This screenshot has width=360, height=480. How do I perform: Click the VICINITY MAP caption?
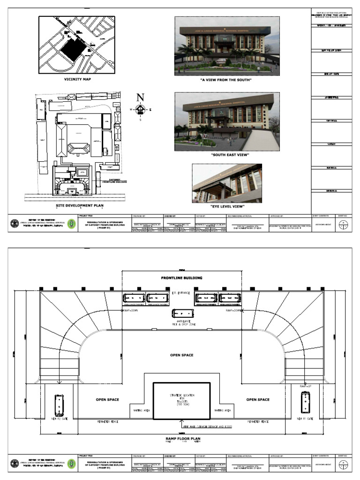77,79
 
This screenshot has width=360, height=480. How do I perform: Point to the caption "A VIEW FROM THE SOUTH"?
226,80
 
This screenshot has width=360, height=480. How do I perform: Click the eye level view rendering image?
227,183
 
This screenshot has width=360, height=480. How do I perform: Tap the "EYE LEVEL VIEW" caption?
227,206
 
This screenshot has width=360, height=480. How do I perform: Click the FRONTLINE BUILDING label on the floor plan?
181,278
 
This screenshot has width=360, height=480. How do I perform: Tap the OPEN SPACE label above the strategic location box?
181,355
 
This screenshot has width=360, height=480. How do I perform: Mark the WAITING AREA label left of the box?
142,410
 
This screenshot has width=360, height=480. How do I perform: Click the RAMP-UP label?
306,385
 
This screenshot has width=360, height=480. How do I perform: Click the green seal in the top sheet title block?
71,224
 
